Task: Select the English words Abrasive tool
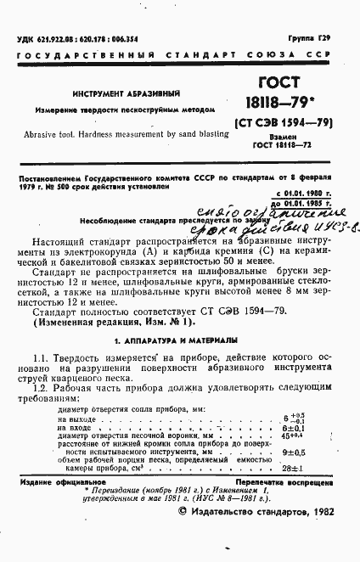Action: (x=53, y=134)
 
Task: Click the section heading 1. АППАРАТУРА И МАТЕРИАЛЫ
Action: (x=179, y=339)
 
